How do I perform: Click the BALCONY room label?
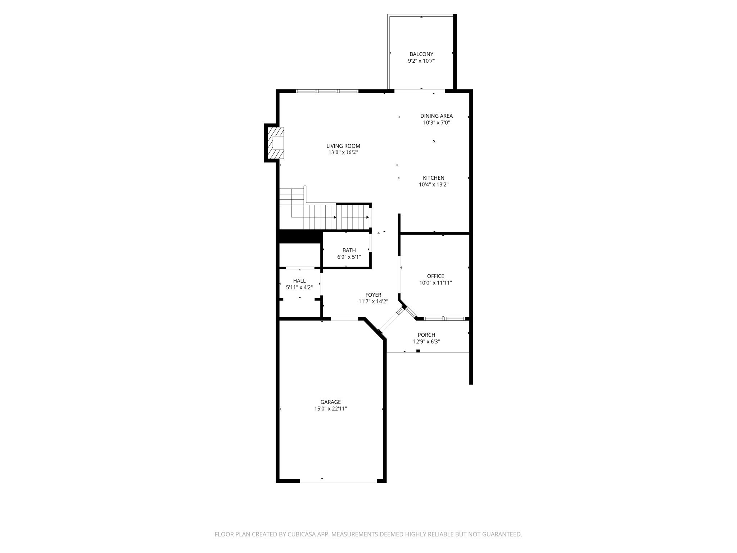coord(421,54)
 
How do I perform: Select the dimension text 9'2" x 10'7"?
coord(421,61)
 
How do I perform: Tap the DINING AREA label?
coord(436,116)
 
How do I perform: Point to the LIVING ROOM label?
coord(343,146)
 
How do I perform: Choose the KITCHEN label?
coord(433,178)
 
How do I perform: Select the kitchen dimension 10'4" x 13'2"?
coord(433,185)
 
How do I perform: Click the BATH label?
coord(349,250)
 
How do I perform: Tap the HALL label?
coord(299,281)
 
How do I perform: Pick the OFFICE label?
coord(435,276)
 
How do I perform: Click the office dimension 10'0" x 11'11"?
coord(435,283)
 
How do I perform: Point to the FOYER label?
coord(373,295)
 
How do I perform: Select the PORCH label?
coord(426,335)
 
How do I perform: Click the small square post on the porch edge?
coord(418,351)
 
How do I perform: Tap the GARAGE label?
coord(330,402)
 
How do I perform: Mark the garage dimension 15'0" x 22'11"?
coord(330,409)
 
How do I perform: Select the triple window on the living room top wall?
coord(327,91)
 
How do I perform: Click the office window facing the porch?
coord(444,319)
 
